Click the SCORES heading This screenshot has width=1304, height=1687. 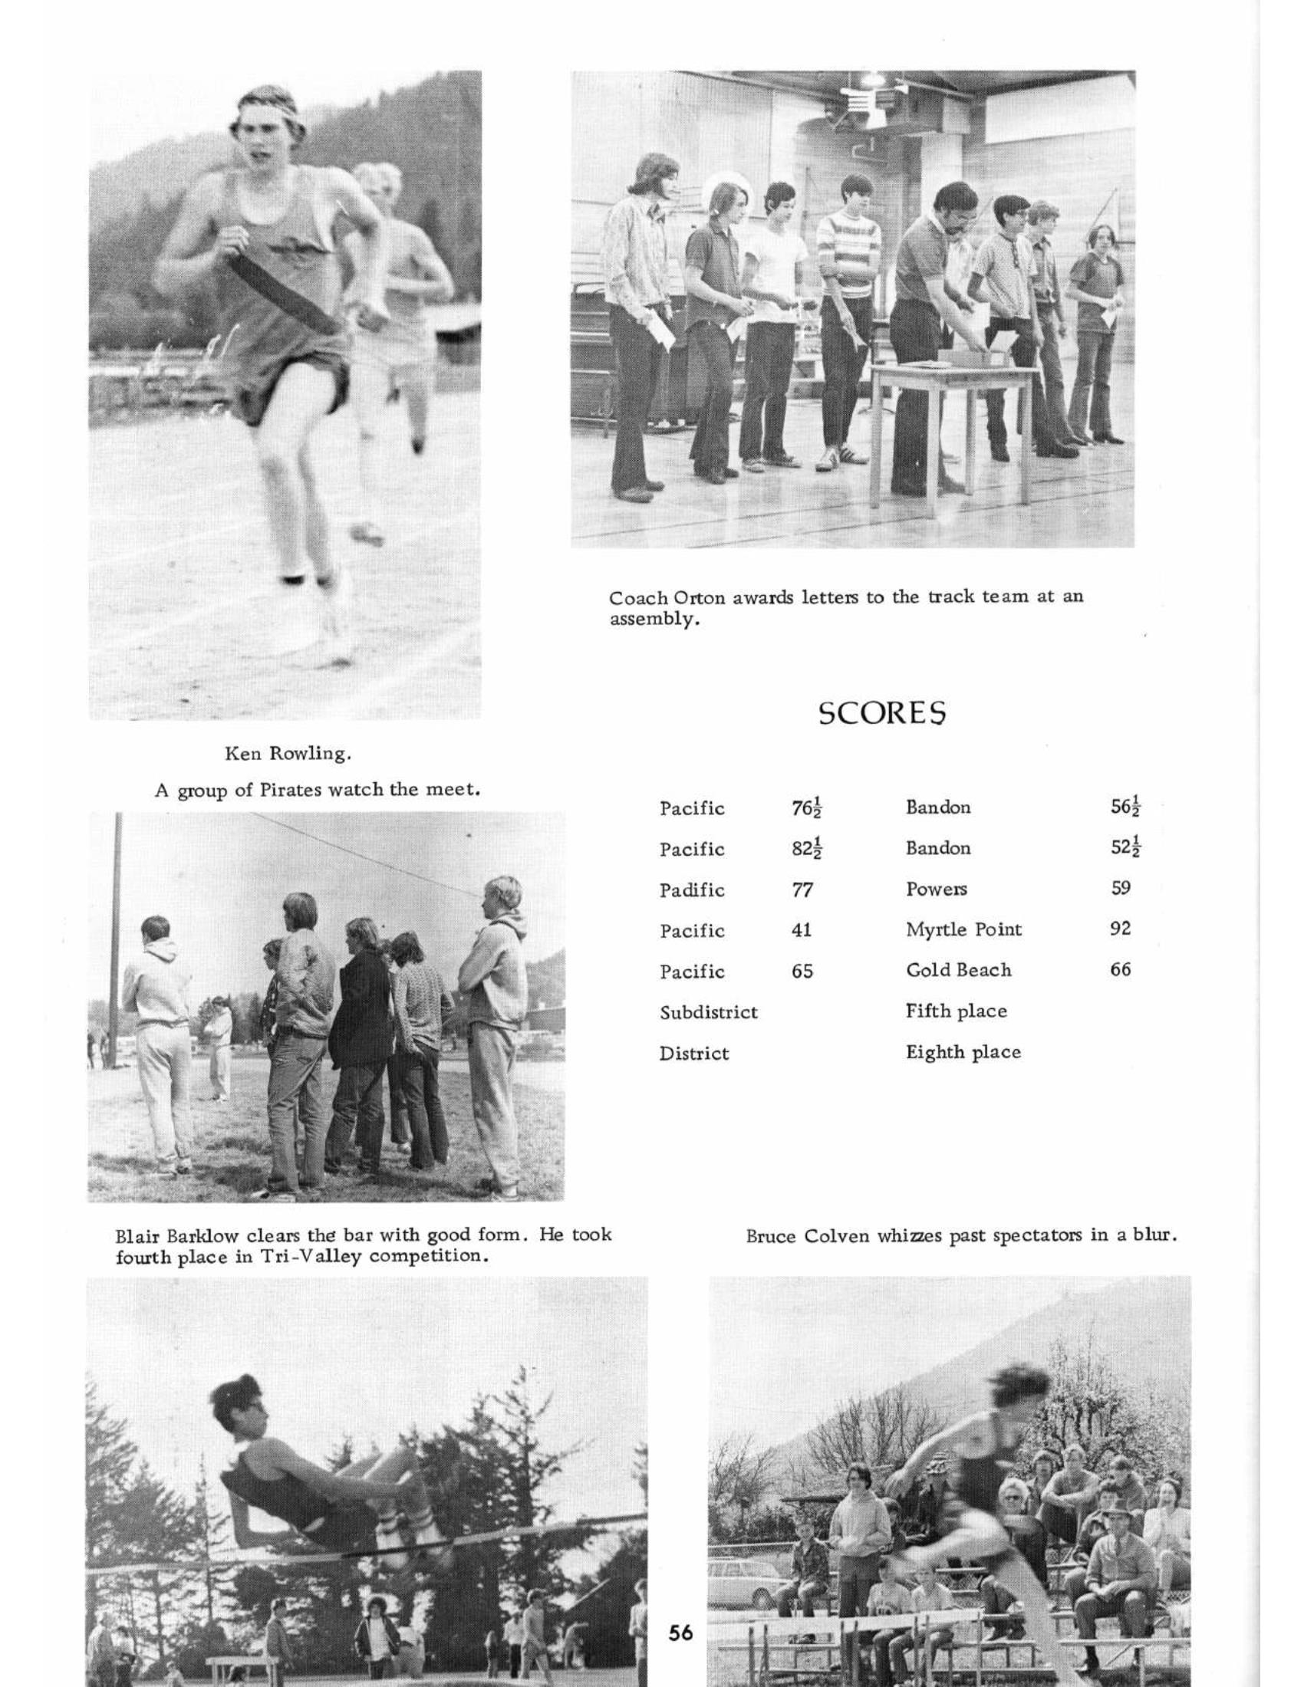coord(882,713)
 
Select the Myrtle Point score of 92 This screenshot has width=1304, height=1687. coord(1120,929)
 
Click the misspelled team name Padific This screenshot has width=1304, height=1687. coord(692,890)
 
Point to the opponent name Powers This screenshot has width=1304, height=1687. coord(937,889)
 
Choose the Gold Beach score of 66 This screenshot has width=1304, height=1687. coord(1120,969)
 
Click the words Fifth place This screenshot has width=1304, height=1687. coord(957,1011)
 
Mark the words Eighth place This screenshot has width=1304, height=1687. coord(963,1052)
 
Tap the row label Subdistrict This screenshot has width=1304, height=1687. coord(709,1012)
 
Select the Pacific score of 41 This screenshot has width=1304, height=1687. coord(801,930)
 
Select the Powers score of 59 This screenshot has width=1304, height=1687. coord(1121,888)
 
